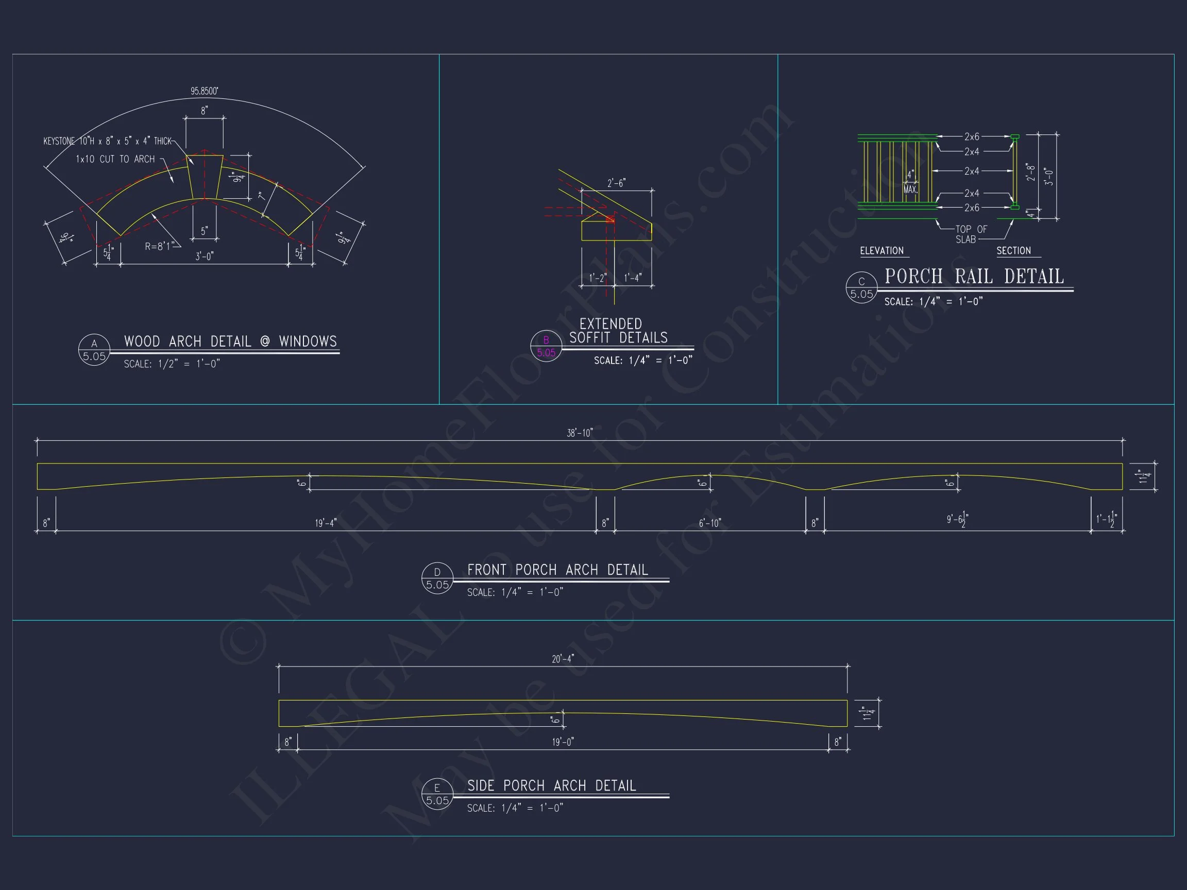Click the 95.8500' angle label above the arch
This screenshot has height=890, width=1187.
[205, 91]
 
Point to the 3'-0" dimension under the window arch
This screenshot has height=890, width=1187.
[205, 256]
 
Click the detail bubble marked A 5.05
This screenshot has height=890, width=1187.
[94, 350]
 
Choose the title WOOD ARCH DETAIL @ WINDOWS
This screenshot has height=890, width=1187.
[230, 341]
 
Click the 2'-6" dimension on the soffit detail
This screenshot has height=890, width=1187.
[616, 183]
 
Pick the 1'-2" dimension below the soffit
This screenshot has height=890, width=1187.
[597, 278]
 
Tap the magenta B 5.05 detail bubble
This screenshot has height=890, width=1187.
[546, 347]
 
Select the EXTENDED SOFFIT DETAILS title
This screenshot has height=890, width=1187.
[618, 331]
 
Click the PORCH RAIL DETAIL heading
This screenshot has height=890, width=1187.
[974, 276]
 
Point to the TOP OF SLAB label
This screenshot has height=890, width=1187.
[971, 234]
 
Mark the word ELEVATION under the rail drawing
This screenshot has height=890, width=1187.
[881, 250]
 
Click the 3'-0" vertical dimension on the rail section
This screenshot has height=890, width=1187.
[1049, 177]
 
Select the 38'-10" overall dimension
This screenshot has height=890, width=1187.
[580, 433]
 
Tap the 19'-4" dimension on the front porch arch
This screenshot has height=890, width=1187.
[326, 523]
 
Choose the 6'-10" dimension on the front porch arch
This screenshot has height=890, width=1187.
[710, 523]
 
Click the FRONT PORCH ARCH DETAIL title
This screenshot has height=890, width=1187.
[557, 570]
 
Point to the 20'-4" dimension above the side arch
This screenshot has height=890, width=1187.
[563, 659]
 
